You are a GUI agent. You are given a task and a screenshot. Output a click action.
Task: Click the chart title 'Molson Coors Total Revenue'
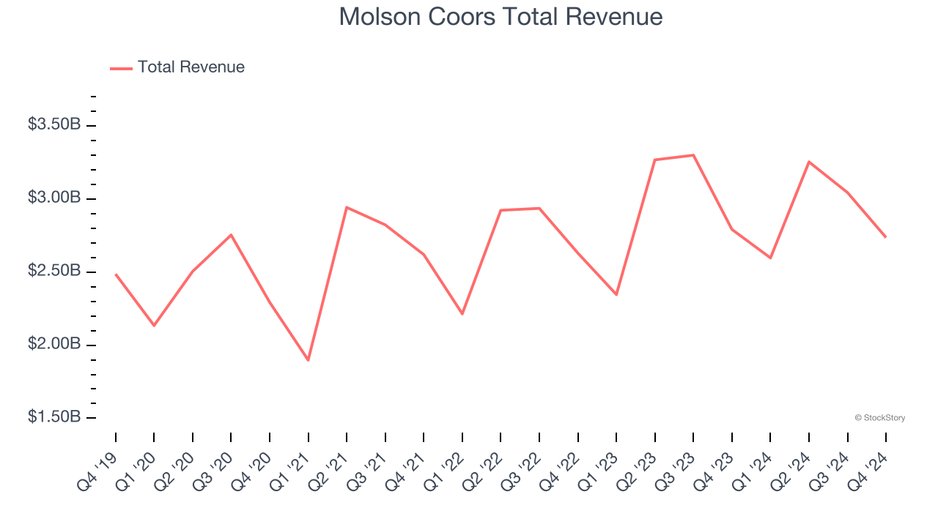coord(501,17)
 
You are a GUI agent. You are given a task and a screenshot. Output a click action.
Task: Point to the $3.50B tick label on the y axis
coord(54,124)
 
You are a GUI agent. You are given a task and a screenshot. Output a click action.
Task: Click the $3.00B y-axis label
coord(54,198)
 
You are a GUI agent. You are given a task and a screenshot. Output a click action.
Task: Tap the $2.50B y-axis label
coord(54,271)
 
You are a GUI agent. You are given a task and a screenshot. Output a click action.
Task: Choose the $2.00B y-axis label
coord(54,344)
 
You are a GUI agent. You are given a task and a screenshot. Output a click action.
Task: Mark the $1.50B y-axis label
coord(54,417)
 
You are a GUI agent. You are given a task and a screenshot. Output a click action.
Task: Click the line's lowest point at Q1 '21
coord(309,360)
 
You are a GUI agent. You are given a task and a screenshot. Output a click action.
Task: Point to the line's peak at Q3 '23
coord(693,155)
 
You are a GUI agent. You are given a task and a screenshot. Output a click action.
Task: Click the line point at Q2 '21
coord(347,207)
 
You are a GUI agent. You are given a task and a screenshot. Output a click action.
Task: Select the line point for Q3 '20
coord(232,235)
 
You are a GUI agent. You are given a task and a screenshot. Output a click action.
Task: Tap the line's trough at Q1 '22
coord(462,314)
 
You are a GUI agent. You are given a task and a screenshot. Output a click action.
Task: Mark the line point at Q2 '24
coord(809,162)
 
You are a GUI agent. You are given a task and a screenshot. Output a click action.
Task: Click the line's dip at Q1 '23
coord(616,294)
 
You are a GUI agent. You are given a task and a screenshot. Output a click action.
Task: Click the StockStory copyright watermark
coord(879,418)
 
